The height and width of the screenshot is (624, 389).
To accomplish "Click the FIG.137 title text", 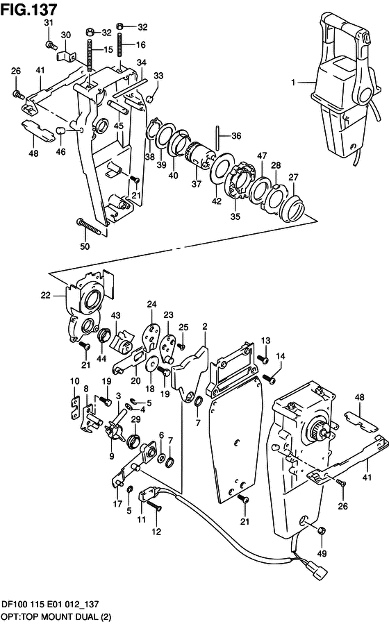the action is pyautogui.click(x=29, y=9).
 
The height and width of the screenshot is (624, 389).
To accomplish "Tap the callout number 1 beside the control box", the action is pyautogui.click(x=293, y=83).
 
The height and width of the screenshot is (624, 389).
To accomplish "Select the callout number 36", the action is pyautogui.click(x=236, y=136).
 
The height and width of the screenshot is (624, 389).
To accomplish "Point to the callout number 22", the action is pyautogui.click(x=46, y=295).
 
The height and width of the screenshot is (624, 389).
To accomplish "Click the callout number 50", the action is pyautogui.click(x=85, y=246).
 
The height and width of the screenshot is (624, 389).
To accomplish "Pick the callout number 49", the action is pyautogui.click(x=322, y=553).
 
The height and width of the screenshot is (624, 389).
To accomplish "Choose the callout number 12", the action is pyautogui.click(x=156, y=531).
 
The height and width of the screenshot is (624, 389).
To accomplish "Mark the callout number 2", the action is pyautogui.click(x=205, y=327).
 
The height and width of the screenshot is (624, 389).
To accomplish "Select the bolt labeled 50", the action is pyautogui.click(x=92, y=226).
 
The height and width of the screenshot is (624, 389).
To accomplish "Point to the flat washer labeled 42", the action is pyautogui.click(x=218, y=169).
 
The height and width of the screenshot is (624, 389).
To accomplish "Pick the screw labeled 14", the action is pyautogui.click(x=270, y=378).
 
